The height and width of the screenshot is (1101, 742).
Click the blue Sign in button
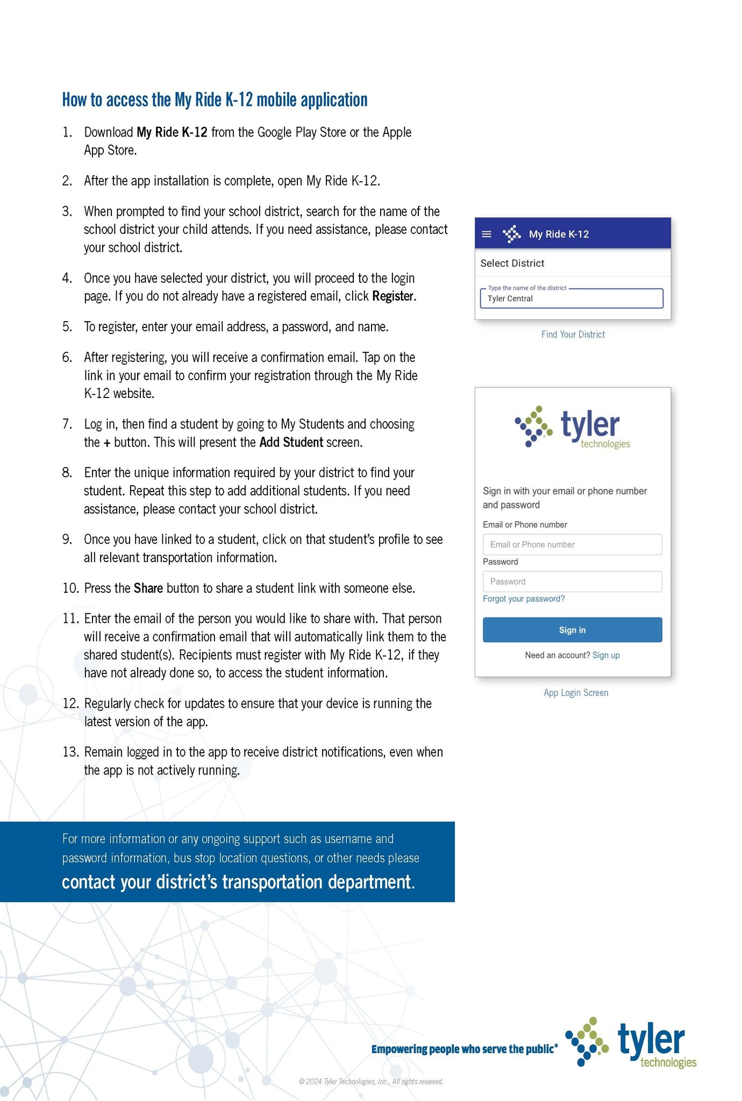coord(572,630)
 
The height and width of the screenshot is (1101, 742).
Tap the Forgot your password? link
coord(524,599)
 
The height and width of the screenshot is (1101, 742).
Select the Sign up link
coord(606,655)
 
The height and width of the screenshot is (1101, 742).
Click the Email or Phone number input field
coord(572,544)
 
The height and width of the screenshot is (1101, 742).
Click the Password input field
coord(572,581)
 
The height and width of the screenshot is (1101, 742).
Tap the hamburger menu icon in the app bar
coord(487,234)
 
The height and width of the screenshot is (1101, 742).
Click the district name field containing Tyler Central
coord(572,299)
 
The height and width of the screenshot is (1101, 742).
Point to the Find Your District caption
coord(573,335)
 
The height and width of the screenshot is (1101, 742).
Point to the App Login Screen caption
coord(576,693)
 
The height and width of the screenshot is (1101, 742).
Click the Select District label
coord(512,263)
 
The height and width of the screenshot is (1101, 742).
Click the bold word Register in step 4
coord(393,296)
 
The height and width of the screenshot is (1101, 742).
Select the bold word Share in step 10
coord(148,588)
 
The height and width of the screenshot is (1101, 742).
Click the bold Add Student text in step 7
coord(291,443)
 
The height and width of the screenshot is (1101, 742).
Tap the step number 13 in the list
coord(70,752)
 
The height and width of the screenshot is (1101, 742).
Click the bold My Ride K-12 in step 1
coord(172,132)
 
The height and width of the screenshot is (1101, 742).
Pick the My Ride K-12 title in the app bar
coord(559,234)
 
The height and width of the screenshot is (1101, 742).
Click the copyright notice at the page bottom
coord(371,1082)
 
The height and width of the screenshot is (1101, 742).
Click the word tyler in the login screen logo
coord(590,424)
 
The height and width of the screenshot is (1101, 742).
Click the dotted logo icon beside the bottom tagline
coord(587,1041)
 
